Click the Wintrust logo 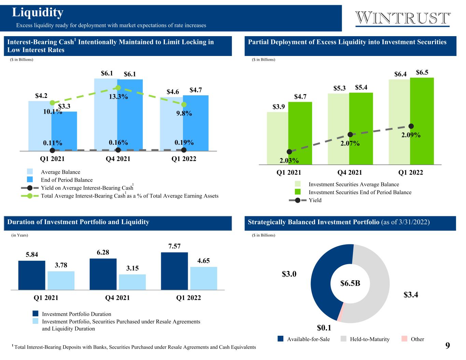pos(403,18)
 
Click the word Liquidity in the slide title pos(38,13)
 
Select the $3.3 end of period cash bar pos(64,131)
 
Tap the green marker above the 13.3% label pos(118,88)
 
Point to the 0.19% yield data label pos(184,143)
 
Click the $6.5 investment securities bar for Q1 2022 pos(422,121)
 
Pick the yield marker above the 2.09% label pos(411,126)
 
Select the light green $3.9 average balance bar pos(278,138)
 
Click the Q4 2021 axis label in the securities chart pos(350,173)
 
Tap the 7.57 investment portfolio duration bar pos(174,271)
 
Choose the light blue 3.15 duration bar pos(132,282)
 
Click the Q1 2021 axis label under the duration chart pos(46,298)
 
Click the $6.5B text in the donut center pos(350,283)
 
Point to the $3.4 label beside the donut pos(411,294)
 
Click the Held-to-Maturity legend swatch pos(343,339)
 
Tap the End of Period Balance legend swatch pos(30,179)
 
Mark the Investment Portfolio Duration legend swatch pos(36,314)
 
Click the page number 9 pos(448,345)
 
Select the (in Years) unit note pos(19,235)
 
